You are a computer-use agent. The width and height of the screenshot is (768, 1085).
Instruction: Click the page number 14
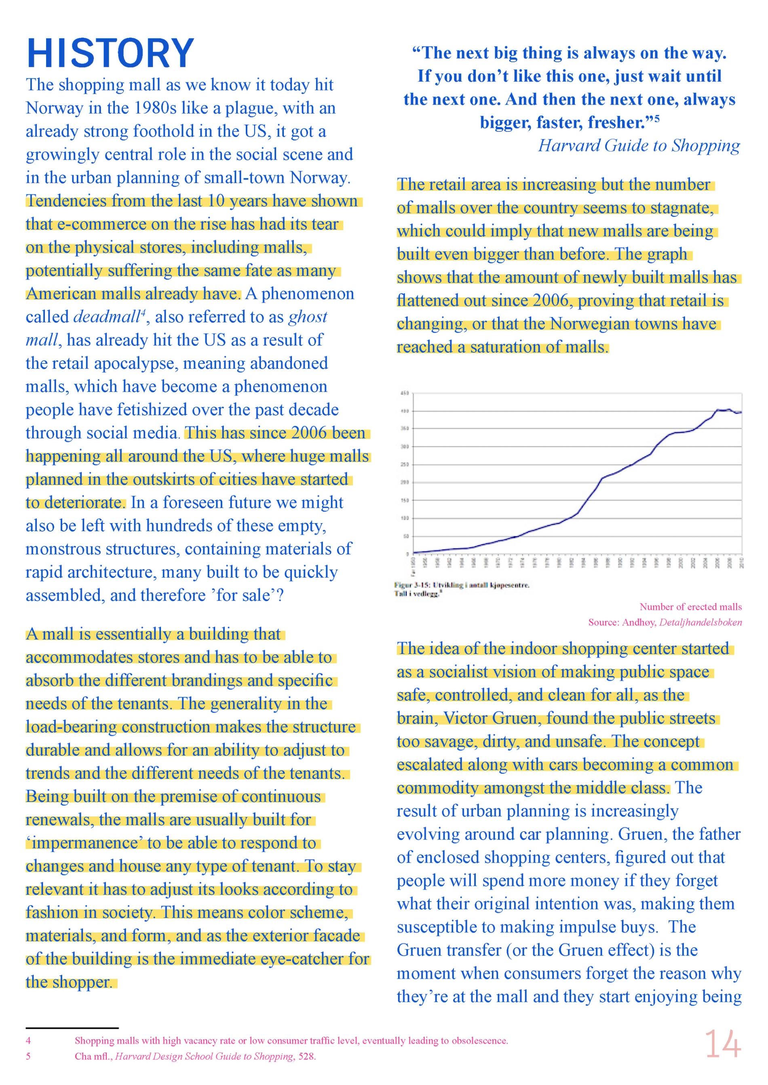[723, 1044]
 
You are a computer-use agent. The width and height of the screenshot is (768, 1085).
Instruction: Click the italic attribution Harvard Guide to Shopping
[639, 145]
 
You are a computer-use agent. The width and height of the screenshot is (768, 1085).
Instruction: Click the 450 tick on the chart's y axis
[405, 393]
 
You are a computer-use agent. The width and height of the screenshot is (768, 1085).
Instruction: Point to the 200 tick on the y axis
[405, 482]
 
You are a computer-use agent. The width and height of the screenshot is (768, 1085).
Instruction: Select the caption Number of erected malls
[690, 607]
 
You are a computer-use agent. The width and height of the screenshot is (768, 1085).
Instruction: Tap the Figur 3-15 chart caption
[462, 585]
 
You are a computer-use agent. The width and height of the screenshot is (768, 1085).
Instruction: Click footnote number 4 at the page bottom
[28, 1041]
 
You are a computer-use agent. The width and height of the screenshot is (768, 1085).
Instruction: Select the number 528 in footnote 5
[306, 1056]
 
